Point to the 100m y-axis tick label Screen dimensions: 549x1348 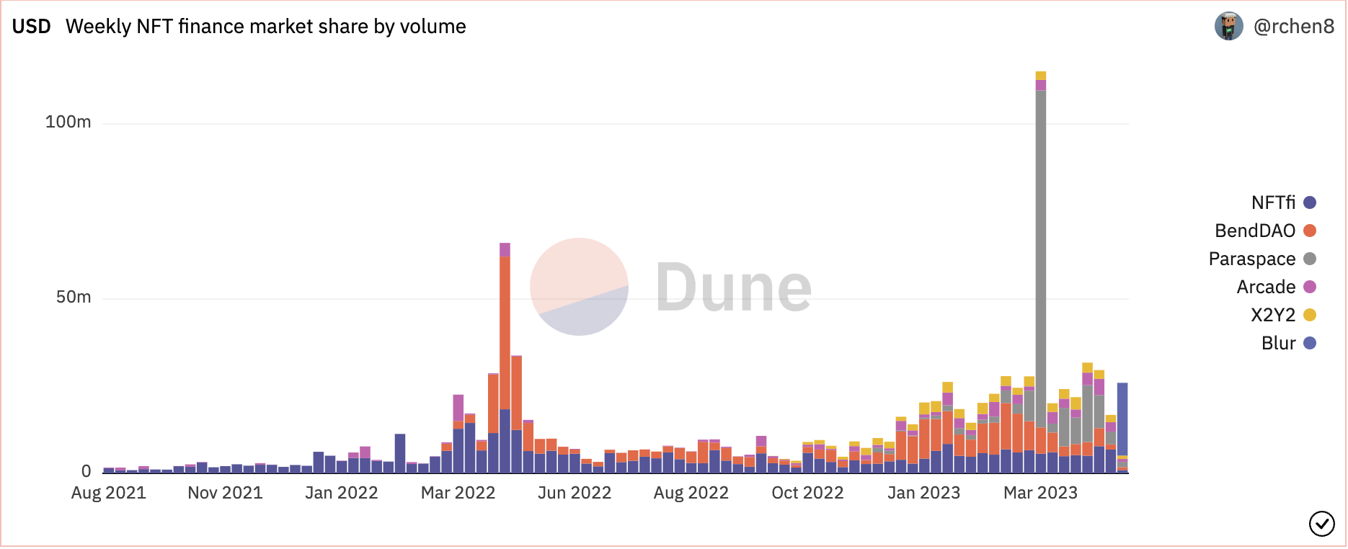coord(68,122)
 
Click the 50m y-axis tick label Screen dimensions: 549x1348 coord(74,297)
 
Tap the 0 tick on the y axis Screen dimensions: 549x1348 coord(87,471)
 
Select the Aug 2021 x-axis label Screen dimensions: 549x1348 coord(109,493)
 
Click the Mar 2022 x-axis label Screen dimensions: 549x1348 coord(458,493)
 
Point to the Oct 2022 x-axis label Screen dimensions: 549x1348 coord(807,493)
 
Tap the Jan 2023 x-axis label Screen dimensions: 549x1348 coord(924,493)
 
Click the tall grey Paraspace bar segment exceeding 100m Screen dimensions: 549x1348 coord(1040,252)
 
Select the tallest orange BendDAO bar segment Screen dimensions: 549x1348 coord(505,331)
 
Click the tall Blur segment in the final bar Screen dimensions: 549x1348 coord(1122,418)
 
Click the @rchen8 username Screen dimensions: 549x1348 coord(1294,27)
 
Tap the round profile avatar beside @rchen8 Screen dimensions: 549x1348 coord(1228,27)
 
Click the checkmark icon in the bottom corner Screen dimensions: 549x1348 coord(1321,524)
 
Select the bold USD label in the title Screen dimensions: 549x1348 coord(32,27)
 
